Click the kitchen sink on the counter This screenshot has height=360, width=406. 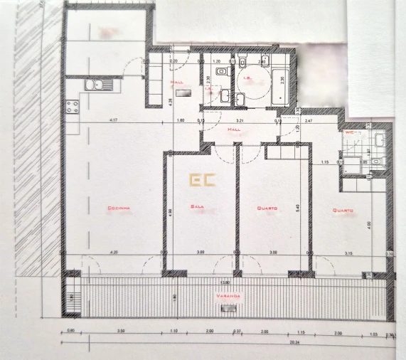pyautogui.click(x=94, y=85)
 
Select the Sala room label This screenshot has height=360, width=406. pyautogui.click(x=198, y=208)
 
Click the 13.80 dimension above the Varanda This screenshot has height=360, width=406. pyautogui.click(x=225, y=281)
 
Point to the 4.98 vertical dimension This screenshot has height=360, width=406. pyautogui.click(x=171, y=211)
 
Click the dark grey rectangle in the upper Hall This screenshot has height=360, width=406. pyautogui.click(x=180, y=92)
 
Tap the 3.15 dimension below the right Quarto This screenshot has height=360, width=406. pyautogui.click(x=348, y=253)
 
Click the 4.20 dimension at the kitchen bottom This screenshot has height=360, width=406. pyautogui.click(x=113, y=253)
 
